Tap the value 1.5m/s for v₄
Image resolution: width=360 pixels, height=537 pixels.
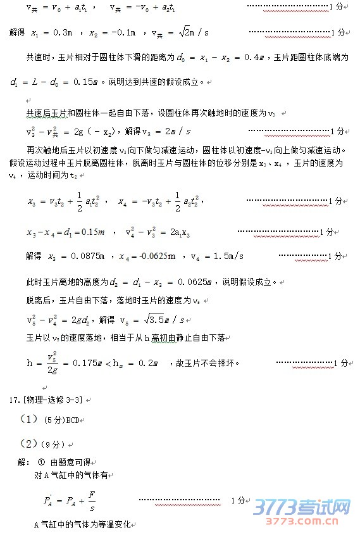[227, 256]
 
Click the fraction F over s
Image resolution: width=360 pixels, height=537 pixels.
[92, 500]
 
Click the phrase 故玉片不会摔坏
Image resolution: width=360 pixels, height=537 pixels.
[209, 363]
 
